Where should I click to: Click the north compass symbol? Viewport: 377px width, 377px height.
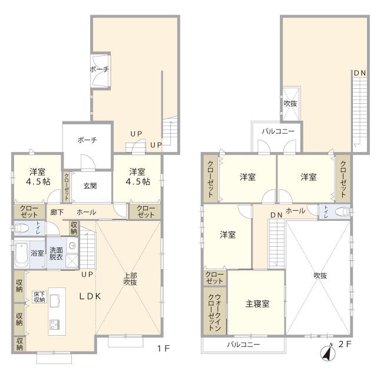click(328, 353)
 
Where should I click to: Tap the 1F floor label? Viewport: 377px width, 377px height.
click(164, 348)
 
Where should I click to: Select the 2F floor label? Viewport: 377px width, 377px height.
click(345, 344)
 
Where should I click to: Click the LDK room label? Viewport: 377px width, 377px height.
click(90, 296)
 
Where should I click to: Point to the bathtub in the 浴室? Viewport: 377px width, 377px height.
click(22, 254)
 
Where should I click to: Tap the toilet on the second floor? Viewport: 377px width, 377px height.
click(342, 212)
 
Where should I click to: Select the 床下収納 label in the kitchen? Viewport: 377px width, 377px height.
click(39, 297)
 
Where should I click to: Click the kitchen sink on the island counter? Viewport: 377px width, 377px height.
click(55, 300)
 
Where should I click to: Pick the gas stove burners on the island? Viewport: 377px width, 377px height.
click(55, 325)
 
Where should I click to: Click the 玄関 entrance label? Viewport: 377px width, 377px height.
click(90, 186)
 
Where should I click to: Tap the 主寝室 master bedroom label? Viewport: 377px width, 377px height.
click(257, 304)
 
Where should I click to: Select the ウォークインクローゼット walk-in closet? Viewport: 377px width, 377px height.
click(214, 311)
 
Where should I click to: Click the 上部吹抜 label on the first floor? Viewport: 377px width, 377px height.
click(130, 279)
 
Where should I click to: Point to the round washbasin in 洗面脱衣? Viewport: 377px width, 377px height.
click(72, 246)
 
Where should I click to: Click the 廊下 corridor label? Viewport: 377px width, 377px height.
click(57, 212)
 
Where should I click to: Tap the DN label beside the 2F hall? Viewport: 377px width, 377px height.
click(276, 215)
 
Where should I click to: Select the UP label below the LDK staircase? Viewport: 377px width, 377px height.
click(87, 275)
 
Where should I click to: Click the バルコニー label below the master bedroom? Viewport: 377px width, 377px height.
click(243, 345)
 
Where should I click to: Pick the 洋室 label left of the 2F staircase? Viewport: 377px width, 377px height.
click(228, 234)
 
